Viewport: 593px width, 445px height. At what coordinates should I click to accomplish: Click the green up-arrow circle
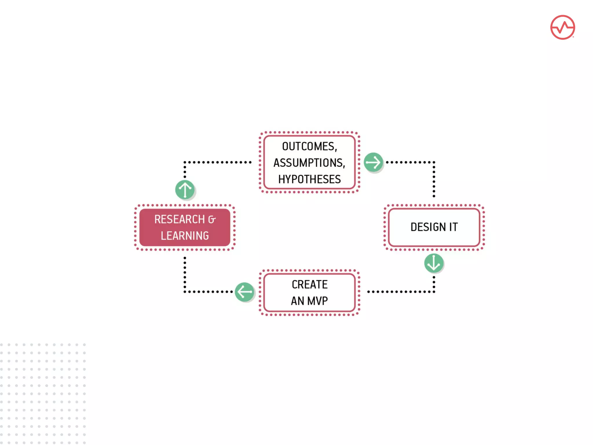pyautogui.click(x=185, y=190)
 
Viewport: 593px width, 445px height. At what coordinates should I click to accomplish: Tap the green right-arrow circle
pyautogui.click(x=373, y=162)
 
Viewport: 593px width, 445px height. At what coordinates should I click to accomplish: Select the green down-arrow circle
pyautogui.click(x=433, y=263)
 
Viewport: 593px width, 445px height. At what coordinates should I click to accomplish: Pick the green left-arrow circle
pyautogui.click(x=244, y=292)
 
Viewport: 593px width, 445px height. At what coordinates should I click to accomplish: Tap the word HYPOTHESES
pyautogui.click(x=309, y=179)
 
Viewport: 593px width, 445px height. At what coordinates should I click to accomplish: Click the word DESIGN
pyautogui.click(x=428, y=227)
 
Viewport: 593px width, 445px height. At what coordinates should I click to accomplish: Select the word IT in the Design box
pyautogui.click(x=453, y=227)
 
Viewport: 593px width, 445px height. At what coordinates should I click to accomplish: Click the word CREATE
pyautogui.click(x=310, y=284)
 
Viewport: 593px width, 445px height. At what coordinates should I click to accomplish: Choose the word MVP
pyautogui.click(x=317, y=301)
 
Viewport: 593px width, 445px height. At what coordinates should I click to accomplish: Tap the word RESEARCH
pyautogui.click(x=180, y=219)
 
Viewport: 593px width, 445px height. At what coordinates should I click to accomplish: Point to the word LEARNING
pyautogui.click(x=185, y=236)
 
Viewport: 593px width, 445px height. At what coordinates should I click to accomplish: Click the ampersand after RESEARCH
pyautogui.click(x=212, y=220)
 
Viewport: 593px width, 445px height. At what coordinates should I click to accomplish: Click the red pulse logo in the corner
pyautogui.click(x=562, y=28)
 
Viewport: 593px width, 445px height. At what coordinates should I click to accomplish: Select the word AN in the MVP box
pyautogui.click(x=297, y=301)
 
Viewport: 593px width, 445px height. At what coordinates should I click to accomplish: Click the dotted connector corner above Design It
pyautogui.click(x=434, y=162)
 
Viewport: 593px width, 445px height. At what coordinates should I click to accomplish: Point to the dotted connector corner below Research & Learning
pyautogui.click(x=185, y=292)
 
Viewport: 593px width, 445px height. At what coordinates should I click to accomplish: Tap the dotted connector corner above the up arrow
pyautogui.click(x=185, y=162)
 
